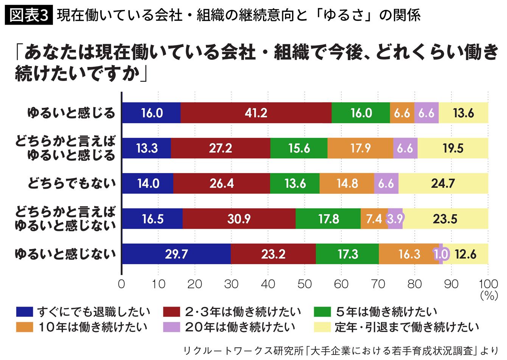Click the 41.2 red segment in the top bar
click(256, 113)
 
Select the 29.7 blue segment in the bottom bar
click(176, 254)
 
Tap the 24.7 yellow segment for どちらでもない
click(443, 184)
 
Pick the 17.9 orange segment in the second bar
click(360, 148)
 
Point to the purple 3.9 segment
click(395, 219)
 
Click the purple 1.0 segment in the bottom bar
click(441, 254)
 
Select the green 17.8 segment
click(328, 219)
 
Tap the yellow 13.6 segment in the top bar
click(463, 113)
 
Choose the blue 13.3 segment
click(147, 148)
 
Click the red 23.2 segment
click(273, 254)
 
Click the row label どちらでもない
click(72, 184)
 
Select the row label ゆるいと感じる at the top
click(72, 113)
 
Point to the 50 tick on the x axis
click(305, 284)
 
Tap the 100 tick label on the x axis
click(488, 284)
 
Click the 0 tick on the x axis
click(121, 284)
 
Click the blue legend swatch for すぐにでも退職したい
click(25, 312)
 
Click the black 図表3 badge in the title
click(29, 15)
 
